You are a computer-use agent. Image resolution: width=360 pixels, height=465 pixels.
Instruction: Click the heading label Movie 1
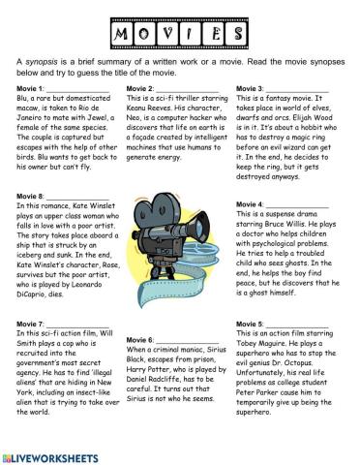click(32, 89)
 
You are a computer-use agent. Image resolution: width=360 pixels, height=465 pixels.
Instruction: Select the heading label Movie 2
click(142, 89)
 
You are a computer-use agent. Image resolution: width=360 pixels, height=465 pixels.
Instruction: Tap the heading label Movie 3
click(254, 89)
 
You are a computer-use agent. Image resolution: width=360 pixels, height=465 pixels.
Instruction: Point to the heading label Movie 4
click(254, 205)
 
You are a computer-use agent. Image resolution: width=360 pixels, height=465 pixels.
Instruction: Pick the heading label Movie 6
click(142, 341)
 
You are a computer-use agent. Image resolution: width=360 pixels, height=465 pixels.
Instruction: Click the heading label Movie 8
click(32, 196)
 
